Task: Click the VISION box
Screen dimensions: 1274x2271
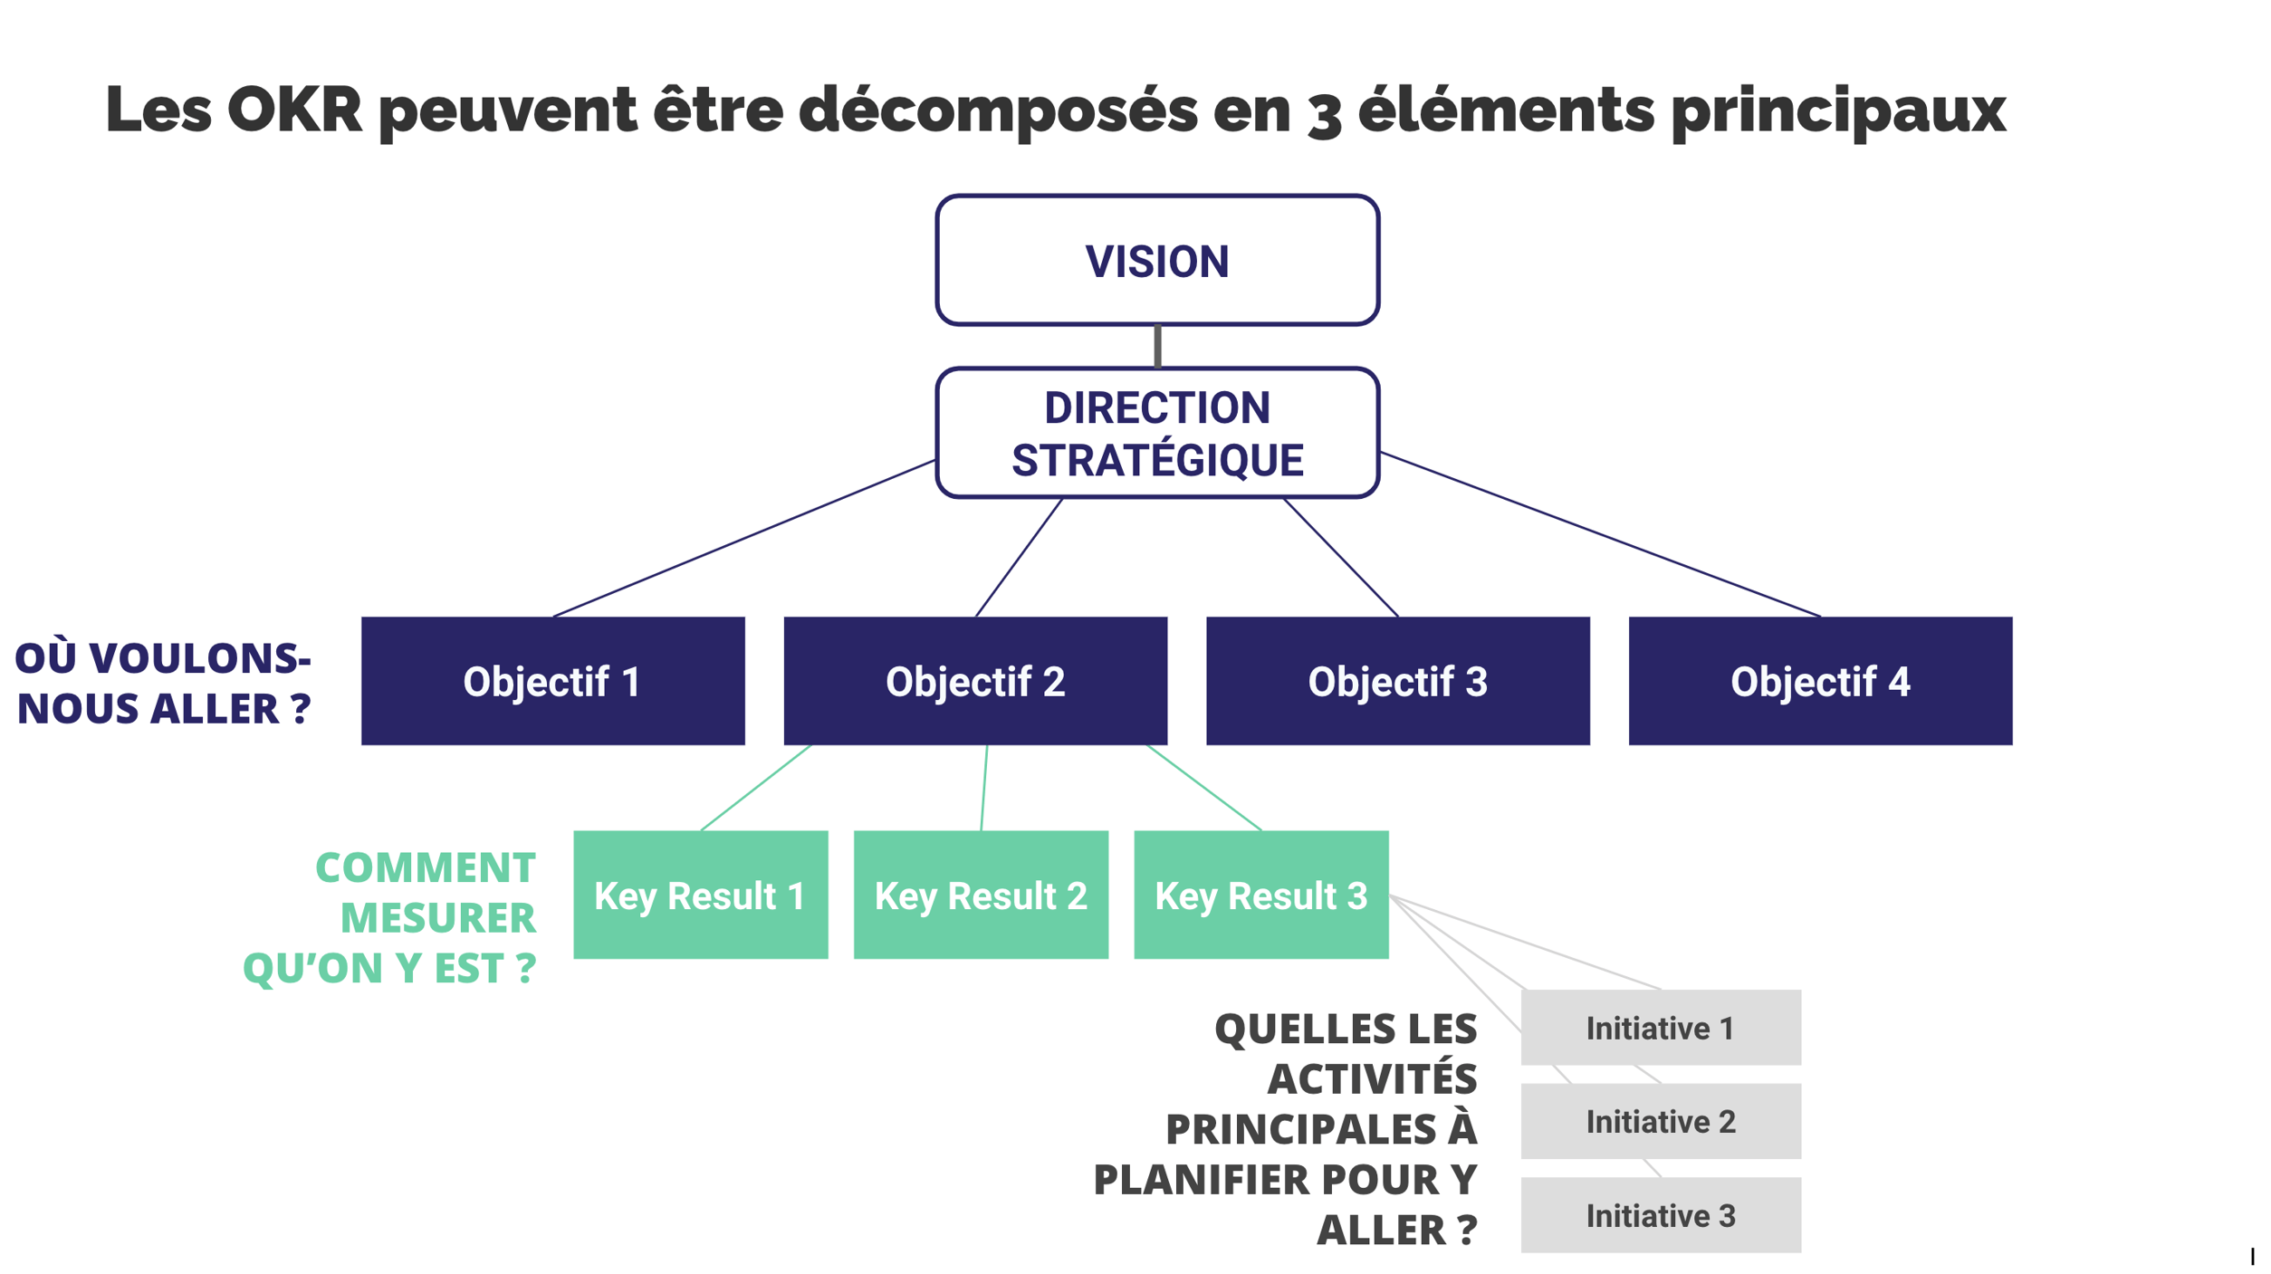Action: [x=1157, y=260]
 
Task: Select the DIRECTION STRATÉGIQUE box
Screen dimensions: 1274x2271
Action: [x=1157, y=433]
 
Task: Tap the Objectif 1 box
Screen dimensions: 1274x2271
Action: [x=552, y=681]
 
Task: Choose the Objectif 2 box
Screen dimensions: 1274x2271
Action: [x=975, y=681]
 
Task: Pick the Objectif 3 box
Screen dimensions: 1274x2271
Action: [x=1397, y=681]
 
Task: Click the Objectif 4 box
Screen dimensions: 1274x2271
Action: [x=1820, y=681]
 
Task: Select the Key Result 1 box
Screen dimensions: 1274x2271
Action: [x=700, y=895]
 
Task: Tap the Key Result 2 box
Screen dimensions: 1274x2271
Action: [x=981, y=895]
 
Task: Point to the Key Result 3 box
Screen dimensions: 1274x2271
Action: [x=1260, y=895]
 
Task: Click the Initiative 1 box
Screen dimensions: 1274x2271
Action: [x=1661, y=1028]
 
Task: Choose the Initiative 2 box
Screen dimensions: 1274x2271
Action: [x=1661, y=1121]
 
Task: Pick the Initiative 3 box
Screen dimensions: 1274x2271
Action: [x=1661, y=1215]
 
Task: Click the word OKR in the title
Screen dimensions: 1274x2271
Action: [x=294, y=110]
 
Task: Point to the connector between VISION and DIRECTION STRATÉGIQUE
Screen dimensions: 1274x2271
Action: [x=1157, y=346]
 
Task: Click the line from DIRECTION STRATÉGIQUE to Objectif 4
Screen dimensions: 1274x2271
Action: [x=1599, y=534]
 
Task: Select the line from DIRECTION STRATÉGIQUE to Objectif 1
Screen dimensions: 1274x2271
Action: [x=743, y=539]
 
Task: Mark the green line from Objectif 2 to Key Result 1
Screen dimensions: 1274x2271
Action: [x=756, y=787]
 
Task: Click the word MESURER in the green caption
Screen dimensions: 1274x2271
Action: [x=437, y=918]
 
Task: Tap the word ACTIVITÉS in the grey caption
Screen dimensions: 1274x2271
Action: [x=1372, y=1078]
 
